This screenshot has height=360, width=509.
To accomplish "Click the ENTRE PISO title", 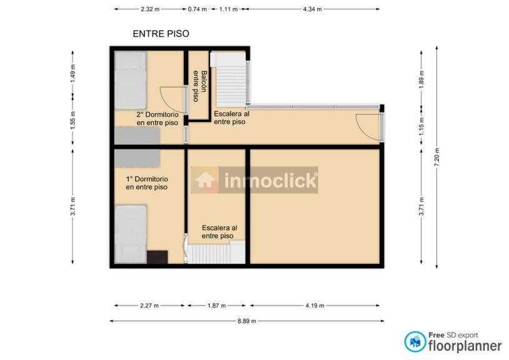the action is tap(161, 34).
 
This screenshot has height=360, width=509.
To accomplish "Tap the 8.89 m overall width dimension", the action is tap(247, 321).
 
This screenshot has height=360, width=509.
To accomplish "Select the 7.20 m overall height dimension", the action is tap(436, 157).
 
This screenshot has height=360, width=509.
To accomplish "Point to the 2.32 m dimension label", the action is tap(150, 9).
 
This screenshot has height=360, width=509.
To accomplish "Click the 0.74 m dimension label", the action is tap(198, 9).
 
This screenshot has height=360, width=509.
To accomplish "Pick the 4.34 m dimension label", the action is tap(312, 9).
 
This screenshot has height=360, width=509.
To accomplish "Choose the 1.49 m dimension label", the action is tap(73, 73).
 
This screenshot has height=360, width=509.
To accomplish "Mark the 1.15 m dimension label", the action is tap(421, 126).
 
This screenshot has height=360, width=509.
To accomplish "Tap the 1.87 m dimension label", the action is tap(216, 306).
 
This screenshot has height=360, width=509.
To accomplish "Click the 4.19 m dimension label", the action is tap(315, 306).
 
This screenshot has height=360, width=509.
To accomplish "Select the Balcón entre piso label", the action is tap(199, 86).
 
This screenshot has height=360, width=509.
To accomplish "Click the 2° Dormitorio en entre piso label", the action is tap(158, 119).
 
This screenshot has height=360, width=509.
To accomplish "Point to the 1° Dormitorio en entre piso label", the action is tap(147, 183).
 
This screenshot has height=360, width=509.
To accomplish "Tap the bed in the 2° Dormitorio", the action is tap(130, 80).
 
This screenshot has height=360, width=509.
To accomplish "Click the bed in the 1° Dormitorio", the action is tap(130, 234).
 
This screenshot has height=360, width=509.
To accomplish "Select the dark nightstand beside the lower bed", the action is tap(158, 257).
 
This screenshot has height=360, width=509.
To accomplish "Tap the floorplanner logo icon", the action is tap(415, 341).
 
